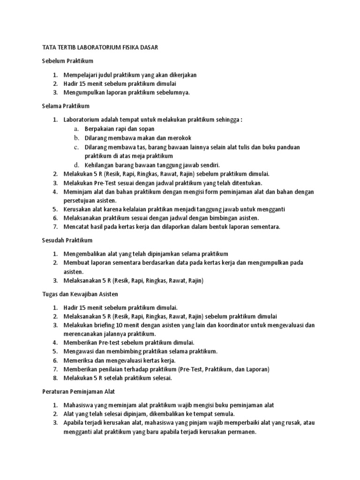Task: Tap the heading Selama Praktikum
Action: point(66,106)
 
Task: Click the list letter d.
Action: point(76,165)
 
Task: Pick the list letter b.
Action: point(76,137)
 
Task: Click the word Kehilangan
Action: point(101,165)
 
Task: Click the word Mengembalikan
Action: point(87,254)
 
